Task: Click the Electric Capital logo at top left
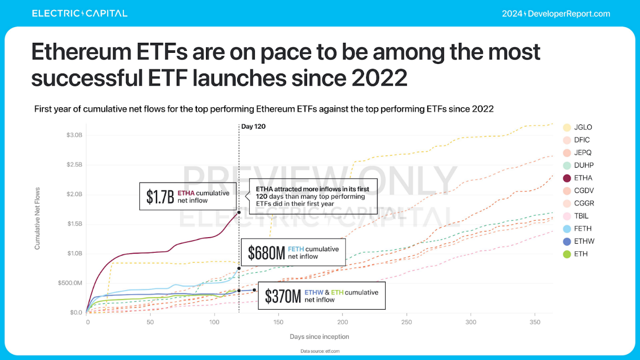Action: pos(80,14)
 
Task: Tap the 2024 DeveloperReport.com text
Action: pos(556,14)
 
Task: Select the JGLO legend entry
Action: pos(577,127)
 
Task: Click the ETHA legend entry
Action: pos(577,178)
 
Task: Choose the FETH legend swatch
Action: pos(567,229)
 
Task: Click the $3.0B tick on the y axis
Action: pos(74,135)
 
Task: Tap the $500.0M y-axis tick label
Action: pos(70,283)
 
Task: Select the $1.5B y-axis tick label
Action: pos(74,224)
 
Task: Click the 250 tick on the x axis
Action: pos(406,322)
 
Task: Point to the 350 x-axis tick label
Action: pos(534,322)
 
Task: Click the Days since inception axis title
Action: pos(319,336)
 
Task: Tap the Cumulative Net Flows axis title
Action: pos(37,219)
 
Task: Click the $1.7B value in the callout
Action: pos(160,196)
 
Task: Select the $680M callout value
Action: pos(266,252)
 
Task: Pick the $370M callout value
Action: pos(283,296)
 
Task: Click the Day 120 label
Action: pos(253,126)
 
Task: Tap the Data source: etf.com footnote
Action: pos(319,351)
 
